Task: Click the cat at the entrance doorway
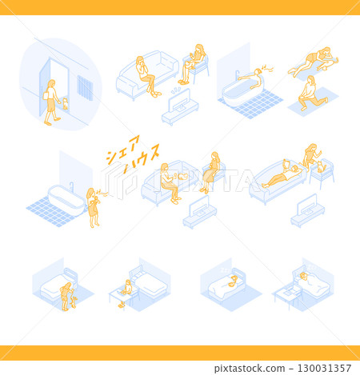[x=65, y=104]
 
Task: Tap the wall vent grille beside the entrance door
[x=85, y=88]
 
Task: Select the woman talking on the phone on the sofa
[x=146, y=77]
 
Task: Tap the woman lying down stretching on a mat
[x=314, y=62]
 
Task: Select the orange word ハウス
[x=142, y=158]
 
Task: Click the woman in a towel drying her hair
[x=93, y=207]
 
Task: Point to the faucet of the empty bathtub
[x=71, y=186]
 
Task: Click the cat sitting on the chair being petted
[x=321, y=167]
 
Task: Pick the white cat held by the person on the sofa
[x=183, y=176]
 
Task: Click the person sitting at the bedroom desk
[x=126, y=293]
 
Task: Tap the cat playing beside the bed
[x=74, y=302]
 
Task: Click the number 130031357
[x=324, y=368]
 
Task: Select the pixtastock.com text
[x=250, y=369]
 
